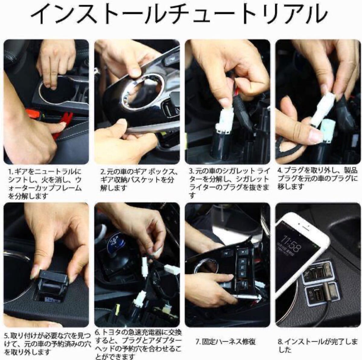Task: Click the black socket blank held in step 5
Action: [51, 285]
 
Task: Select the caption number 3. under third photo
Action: [192, 171]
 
